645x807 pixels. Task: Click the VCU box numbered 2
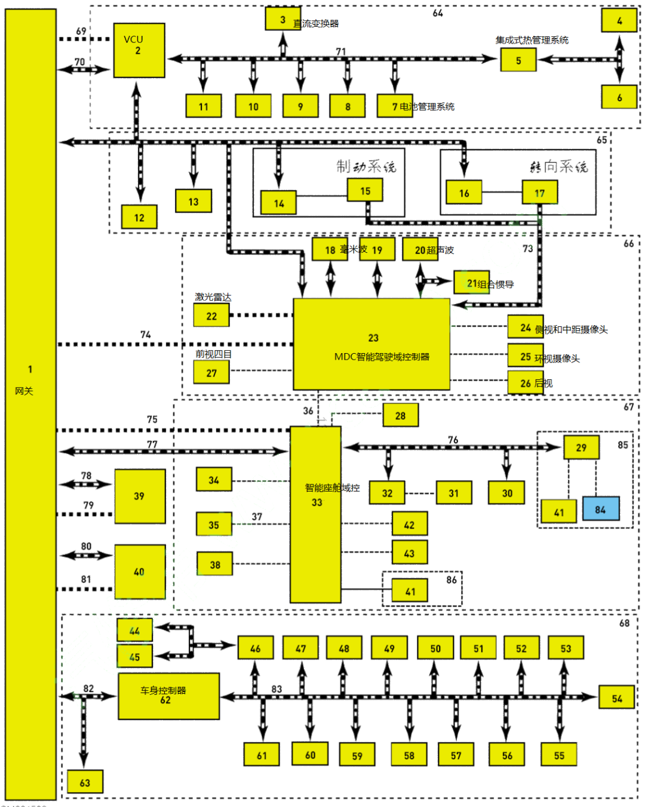click(x=139, y=50)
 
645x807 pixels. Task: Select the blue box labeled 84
click(x=600, y=509)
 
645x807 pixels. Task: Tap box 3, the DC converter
click(x=282, y=19)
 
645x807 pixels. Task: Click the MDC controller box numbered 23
click(x=371, y=345)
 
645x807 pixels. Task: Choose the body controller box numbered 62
click(x=168, y=696)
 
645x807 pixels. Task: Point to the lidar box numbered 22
click(x=211, y=316)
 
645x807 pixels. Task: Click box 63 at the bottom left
click(x=85, y=783)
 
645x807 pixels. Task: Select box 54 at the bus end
click(x=617, y=698)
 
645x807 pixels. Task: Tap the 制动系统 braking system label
click(x=366, y=166)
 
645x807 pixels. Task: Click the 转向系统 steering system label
click(x=558, y=167)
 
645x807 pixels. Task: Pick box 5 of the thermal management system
click(x=518, y=60)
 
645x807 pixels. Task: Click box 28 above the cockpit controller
click(x=400, y=416)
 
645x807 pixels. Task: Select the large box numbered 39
click(x=139, y=496)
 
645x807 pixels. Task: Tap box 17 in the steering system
click(x=539, y=193)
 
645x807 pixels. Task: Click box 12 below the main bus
click(x=139, y=218)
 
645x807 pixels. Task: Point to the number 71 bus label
click(x=340, y=52)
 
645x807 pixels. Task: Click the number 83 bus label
click(x=277, y=689)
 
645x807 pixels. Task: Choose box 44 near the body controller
click(x=134, y=630)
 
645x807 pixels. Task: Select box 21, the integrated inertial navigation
click(x=472, y=283)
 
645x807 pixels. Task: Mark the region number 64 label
click(x=438, y=13)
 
